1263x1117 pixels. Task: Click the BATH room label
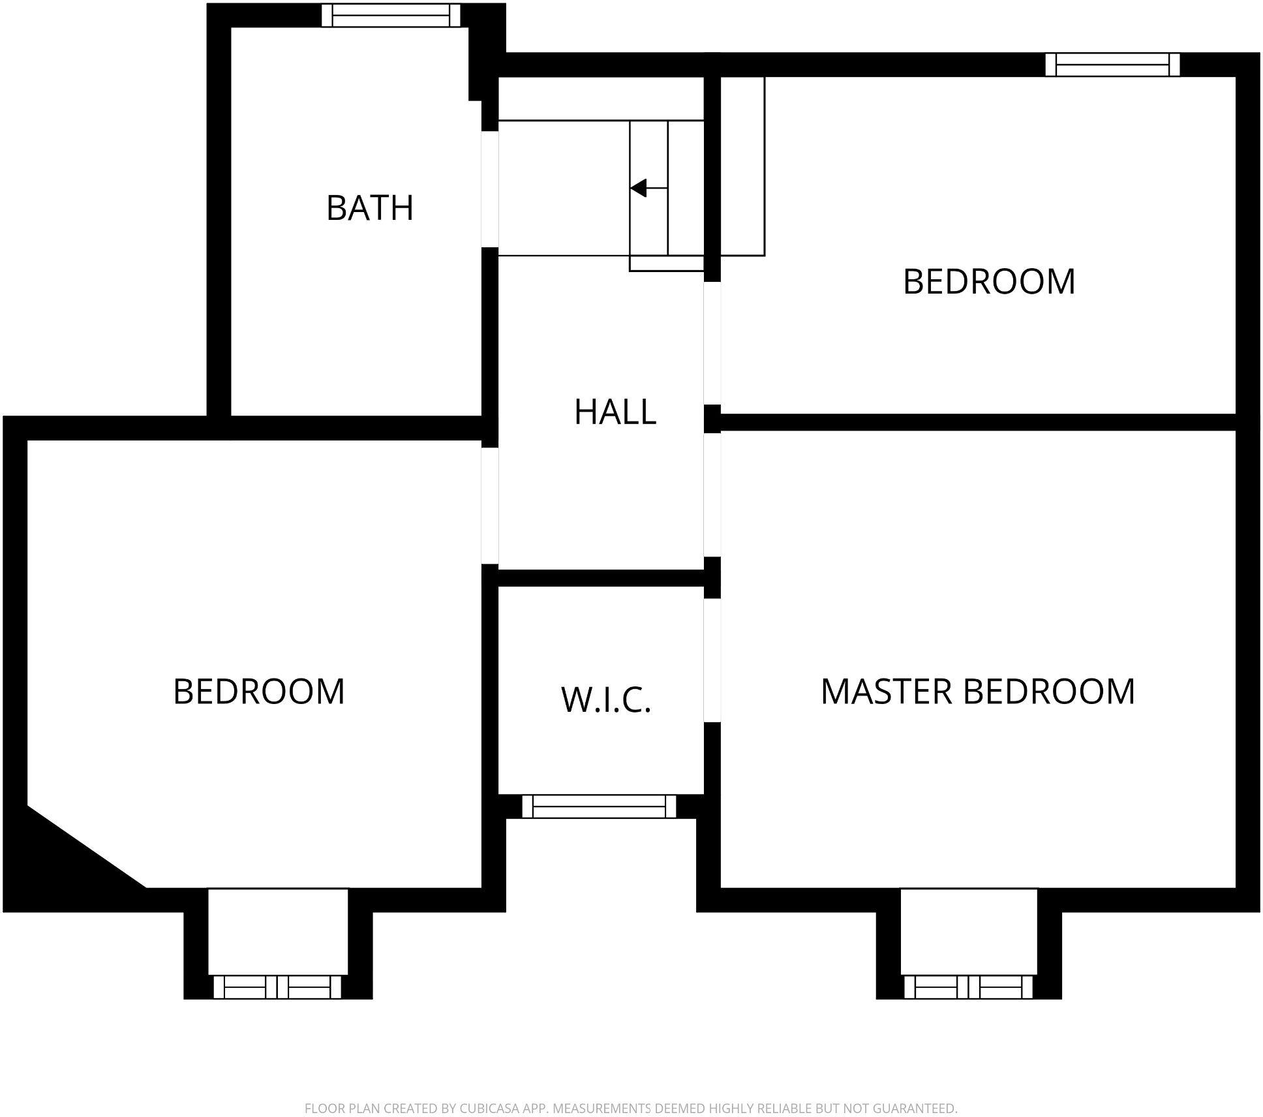click(x=370, y=208)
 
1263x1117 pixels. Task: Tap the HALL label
click(x=615, y=412)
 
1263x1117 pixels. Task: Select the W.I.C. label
click(x=606, y=699)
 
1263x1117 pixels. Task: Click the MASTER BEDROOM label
click(x=977, y=692)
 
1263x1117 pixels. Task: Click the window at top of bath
click(x=391, y=15)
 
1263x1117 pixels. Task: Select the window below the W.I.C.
click(x=599, y=806)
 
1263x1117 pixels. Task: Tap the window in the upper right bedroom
click(x=1112, y=65)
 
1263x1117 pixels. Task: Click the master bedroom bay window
click(x=968, y=987)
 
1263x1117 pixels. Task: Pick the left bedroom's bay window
click(x=277, y=987)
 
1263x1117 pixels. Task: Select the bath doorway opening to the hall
click(x=490, y=189)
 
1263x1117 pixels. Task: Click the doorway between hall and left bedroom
click(x=490, y=505)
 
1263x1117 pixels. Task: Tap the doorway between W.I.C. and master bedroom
click(x=712, y=660)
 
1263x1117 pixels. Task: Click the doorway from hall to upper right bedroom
click(x=712, y=343)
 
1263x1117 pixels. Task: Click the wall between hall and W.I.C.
click(x=600, y=577)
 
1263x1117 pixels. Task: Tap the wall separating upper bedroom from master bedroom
click(x=979, y=421)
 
